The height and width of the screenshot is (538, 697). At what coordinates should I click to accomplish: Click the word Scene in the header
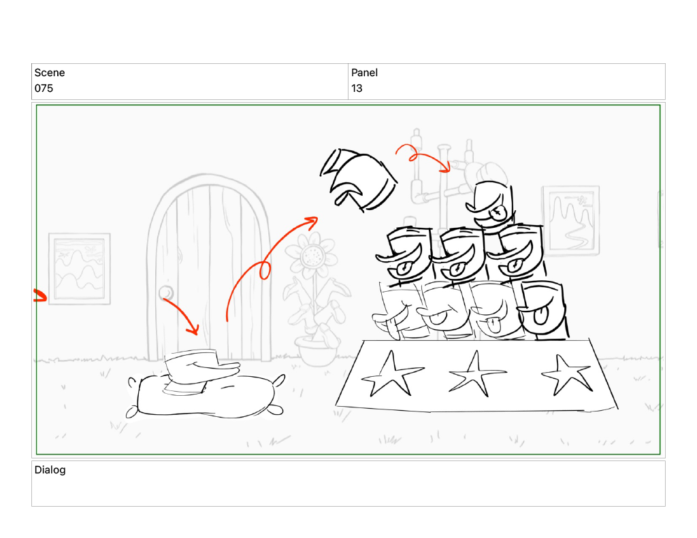click(x=49, y=73)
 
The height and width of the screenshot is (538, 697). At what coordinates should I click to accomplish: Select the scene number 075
click(x=44, y=88)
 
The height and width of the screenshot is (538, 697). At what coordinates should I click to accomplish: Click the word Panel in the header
click(x=364, y=73)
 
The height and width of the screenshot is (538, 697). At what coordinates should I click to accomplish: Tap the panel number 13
click(x=357, y=88)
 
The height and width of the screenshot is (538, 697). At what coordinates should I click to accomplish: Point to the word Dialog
click(x=50, y=470)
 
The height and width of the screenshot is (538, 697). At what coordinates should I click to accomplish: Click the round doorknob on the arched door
click(x=166, y=292)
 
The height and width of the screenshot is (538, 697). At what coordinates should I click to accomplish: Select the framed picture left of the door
click(x=79, y=269)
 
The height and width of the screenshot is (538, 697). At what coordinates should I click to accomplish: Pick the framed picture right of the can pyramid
click(x=571, y=221)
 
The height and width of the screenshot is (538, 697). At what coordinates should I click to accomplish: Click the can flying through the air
click(x=358, y=180)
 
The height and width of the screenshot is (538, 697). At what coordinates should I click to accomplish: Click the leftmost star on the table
click(x=391, y=374)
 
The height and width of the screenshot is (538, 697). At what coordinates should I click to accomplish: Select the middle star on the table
click(x=476, y=374)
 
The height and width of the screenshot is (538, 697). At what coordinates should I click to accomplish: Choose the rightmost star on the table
click(x=568, y=375)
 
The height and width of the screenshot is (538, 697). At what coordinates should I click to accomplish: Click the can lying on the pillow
click(x=200, y=371)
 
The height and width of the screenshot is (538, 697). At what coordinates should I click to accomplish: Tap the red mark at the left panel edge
click(x=40, y=295)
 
